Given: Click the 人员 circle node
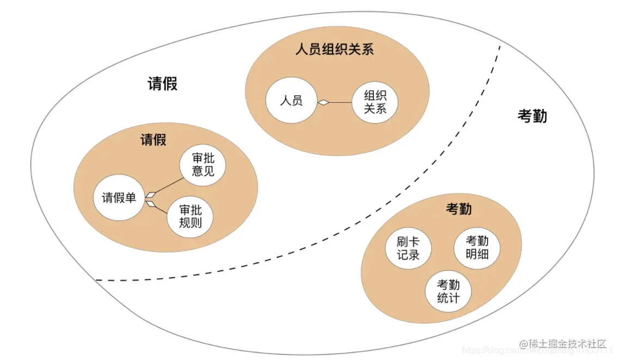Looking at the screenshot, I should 291,101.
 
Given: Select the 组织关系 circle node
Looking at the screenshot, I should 375,102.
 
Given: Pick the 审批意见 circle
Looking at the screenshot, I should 203,164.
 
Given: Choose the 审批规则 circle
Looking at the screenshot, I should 190,217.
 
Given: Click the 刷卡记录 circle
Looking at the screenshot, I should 408,249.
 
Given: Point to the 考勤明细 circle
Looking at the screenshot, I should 477,248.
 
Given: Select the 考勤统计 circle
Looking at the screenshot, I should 448,291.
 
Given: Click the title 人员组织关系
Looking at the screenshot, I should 334,50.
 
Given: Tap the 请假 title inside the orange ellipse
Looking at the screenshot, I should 153,140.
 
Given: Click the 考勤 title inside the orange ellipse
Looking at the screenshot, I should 459,209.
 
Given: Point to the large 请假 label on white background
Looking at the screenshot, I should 163,84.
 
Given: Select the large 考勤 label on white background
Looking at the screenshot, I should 532,116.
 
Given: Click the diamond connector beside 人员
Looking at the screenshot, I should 324,102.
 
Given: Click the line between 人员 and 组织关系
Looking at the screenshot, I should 340,102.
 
